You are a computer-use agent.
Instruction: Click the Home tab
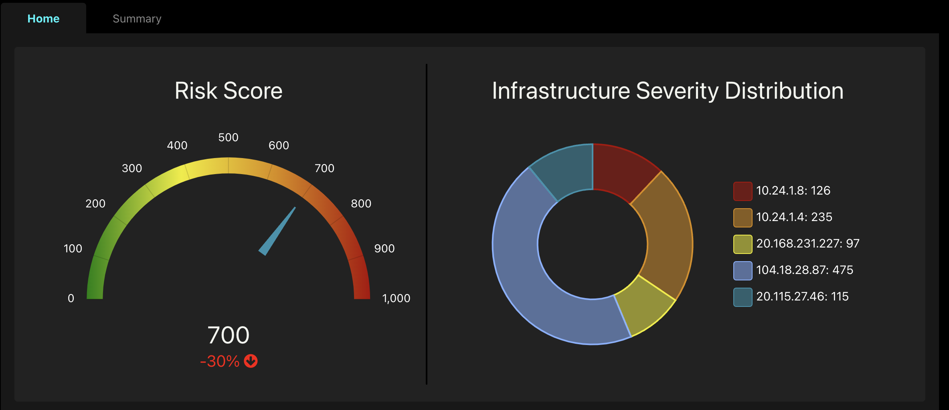click(43, 19)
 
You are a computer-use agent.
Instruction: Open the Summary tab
click(137, 19)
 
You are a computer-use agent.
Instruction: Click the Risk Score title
click(229, 91)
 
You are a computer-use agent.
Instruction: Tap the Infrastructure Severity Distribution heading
click(668, 91)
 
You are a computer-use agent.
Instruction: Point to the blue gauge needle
click(278, 232)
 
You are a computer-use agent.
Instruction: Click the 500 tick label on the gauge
click(228, 138)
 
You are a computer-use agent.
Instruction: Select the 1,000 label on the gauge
click(396, 298)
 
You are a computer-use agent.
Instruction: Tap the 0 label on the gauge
click(71, 298)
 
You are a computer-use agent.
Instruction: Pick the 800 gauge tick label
click(361, 204)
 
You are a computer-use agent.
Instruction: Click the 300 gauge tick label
click(132, 168)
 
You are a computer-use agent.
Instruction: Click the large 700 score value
click(228, 335)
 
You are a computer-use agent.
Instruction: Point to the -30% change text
click(220, 361)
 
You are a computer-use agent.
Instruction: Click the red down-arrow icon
click(251, 361)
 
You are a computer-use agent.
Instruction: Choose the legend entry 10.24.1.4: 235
click(794, 217)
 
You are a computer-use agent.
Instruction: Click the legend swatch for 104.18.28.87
click(743, 270)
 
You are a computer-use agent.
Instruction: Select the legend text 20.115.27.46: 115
click(802, 296)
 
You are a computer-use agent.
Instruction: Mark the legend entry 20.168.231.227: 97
click(807, 244)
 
